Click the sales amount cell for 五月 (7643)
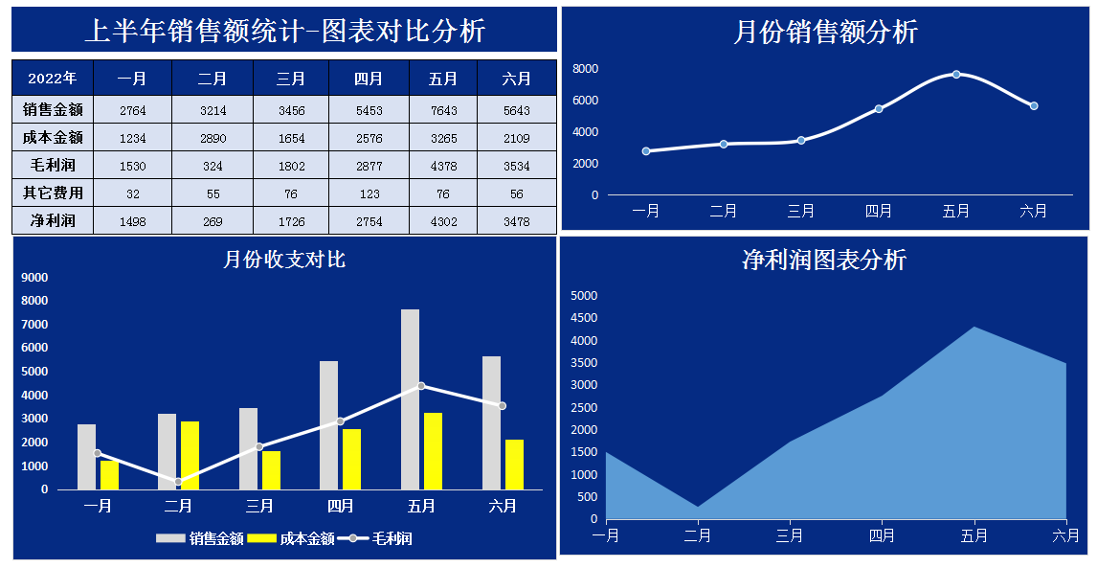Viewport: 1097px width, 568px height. (x=443, y=110)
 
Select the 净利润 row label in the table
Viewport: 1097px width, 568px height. (x=53, y=221)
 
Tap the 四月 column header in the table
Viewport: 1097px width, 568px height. (x=369, y=79)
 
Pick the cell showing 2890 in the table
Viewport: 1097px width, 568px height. (x=213, y=138)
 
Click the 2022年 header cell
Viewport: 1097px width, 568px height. (x=53, y=79)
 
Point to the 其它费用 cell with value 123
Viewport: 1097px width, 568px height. (x=369, y=193)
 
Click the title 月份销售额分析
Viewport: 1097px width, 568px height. (x=825, y=32)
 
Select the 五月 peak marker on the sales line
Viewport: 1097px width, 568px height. (x=956, y=75)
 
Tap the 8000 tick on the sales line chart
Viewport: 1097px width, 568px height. (x=585, y=69)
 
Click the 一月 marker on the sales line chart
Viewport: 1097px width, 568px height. (x=646, y=151)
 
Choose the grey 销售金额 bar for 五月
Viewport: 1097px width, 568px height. (x=410, y=398)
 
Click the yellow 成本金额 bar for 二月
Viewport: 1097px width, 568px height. (x=190, y=455)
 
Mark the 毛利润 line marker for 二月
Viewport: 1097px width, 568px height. (x=178, y=482)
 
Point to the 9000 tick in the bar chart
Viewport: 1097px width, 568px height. (x=34, y=278)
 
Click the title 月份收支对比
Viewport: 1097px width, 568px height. (x=284, y=259)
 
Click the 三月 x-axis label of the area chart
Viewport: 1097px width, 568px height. (x=790, y=535)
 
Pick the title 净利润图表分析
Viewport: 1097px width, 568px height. (x=823, y=260)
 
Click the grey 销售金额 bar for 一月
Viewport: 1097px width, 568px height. (x=86, y=456)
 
